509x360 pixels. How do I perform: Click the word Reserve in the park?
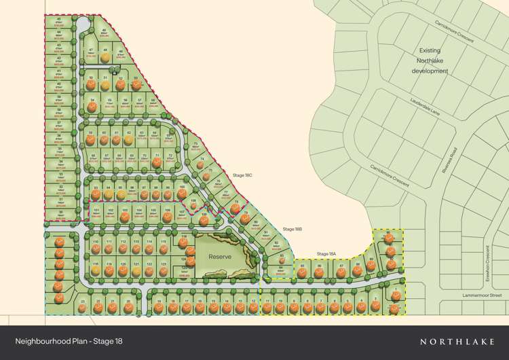tap(219, 257)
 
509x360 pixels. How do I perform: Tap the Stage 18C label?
tap(242, 175)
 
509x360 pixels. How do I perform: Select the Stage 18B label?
tap(293, 229)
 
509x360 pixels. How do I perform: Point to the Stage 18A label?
tap(326, 254)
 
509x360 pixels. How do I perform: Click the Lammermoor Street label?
tap(482, 295)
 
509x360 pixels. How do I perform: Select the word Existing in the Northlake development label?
tap(430, 50)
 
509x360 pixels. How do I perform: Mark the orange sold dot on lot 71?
tap(157, 161)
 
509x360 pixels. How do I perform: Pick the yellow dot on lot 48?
tap(105, 58)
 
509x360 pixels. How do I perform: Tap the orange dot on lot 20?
tap(128, 308)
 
